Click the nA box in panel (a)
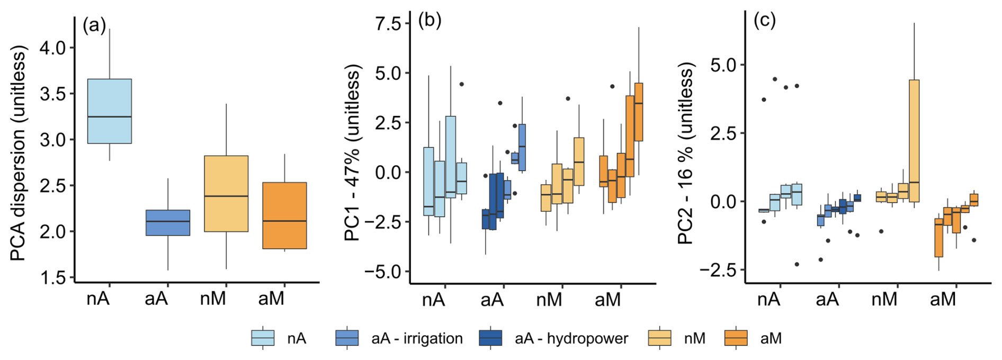[x=110, y=111]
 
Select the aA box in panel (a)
[x=167, y=222]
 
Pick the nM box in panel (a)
[x=226, y=194]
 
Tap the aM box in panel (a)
[x=284, y=215]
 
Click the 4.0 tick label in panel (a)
[x=53, y=48]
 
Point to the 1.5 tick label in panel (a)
[x=53, y=277]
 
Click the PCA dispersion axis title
[x=18, y=154]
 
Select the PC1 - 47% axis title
[x=352, y=152]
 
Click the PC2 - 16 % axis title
[x=686, y=154]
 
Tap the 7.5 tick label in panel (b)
[x=389, y=24]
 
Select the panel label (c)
[x=764, y=20]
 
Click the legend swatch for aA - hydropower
[x=490, y=338]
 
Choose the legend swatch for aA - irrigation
[x=347, y=338]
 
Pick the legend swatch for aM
[x=736, y=338]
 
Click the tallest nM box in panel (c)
[x=914, y=141]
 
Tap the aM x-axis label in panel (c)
[x=943, y=300]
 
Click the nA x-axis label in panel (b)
[x=433, y=300]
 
